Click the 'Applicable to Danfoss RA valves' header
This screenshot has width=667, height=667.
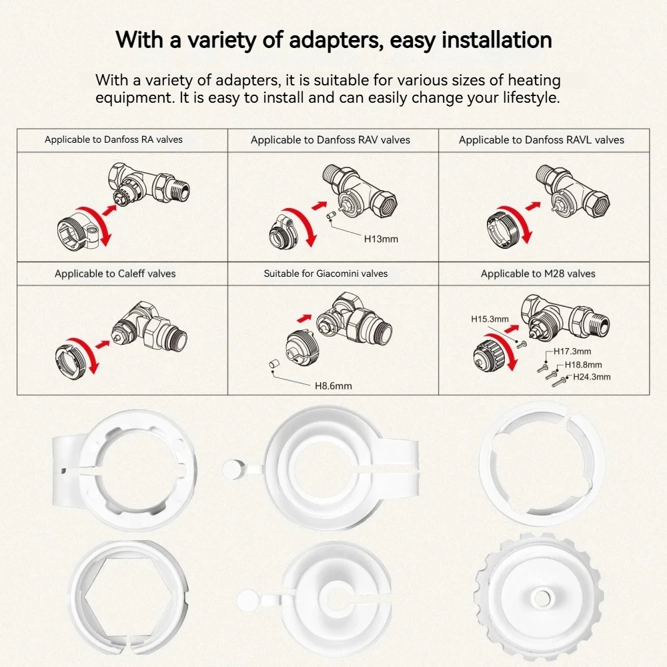pyautogui.click(x=113, y=139)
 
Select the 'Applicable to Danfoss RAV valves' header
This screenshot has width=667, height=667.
pyautogui.click(x=331, y=140)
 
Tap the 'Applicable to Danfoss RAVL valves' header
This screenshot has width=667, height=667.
pyautogui.click(x=542, y=140)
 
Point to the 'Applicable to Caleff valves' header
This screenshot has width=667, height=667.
pyautogui.click(x=115, y=273)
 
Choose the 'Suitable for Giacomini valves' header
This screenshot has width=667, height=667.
pyautogui.click(x=326, y=273)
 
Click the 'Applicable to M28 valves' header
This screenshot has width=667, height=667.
pyautogui.click(x=538, y=273)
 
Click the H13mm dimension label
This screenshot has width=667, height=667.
pyautogui.click(x=381, y=239)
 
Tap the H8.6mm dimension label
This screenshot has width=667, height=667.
pyautogui.click(x=333, y=386)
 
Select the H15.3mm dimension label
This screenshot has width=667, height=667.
pyautogui.click(x=490, y=319)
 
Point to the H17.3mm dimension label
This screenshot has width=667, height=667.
pyautogui.click(x=572, y=352)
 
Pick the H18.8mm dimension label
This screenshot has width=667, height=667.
pyautogui.click(x=583, y=365)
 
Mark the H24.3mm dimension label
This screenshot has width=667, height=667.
pyautogui.click(x=592, y=377)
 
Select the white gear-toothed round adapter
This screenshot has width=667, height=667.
pyautogui.click(x=540, y=597)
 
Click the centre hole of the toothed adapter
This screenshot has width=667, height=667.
pyautogui.click(x=541, y=598)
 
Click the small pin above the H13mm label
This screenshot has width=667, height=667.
pyautogui.click(x=329, y=216)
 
